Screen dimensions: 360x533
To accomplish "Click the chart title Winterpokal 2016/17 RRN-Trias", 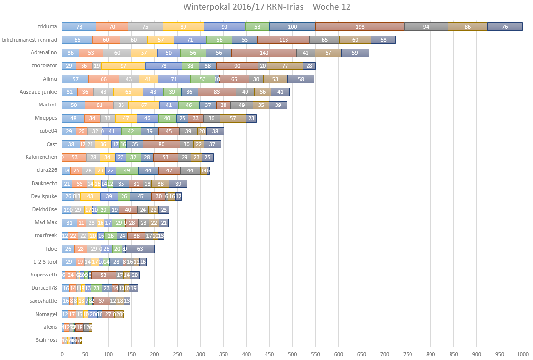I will tap(266, 7).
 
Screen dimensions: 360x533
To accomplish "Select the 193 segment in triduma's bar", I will tap(360, 27).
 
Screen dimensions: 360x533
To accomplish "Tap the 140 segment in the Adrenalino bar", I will tap(264, 53).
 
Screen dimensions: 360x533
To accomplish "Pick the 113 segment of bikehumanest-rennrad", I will tap(284, 40).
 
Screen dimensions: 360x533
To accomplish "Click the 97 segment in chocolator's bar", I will tap(123, 66).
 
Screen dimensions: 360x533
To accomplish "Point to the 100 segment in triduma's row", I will tap(292, 27).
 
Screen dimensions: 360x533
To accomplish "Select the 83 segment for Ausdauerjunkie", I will tap(217, 92).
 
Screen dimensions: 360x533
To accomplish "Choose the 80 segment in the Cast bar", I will tap(161, 144).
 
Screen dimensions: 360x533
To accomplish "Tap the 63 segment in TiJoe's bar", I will tap(140, 249).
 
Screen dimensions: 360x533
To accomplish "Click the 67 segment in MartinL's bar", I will tap(144, 105).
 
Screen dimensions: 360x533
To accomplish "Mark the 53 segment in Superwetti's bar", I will tap(103, 275).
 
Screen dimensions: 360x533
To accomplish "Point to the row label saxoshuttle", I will tap(43, 301).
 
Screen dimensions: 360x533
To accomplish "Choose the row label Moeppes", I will tap(46, 118).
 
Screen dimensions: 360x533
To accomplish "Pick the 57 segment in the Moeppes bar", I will tap(233, 118).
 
